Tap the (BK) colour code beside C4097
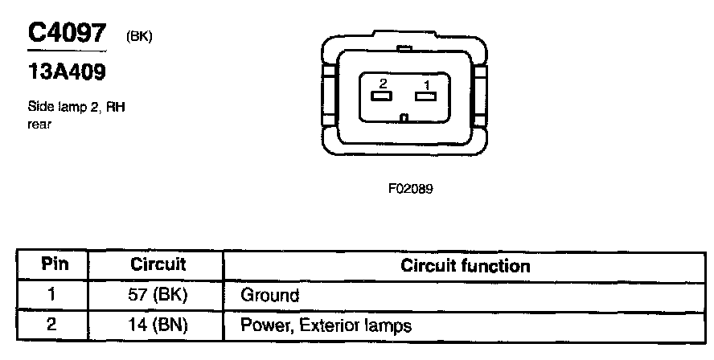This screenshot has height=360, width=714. coord(139,36)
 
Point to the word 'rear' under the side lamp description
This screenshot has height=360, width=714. coord(39,124)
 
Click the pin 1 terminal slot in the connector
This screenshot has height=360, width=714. coord(425,97)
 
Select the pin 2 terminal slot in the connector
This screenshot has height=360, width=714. coord(380,97)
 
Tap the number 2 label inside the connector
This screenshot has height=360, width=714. coord(384,84)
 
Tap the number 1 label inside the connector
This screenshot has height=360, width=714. coord(427,84)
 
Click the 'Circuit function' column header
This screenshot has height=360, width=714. coord(466,265)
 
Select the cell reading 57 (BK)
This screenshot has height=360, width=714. coord(158,295)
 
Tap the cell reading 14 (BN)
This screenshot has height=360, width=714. coord(158,325)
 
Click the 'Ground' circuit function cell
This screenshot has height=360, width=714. coord(270,296)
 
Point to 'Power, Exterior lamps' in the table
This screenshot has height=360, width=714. coord(326,326)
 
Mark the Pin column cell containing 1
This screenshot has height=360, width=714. coord(52,295)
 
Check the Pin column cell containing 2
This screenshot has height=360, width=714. coord(52,325)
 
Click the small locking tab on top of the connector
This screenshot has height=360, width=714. coord(405,48)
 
